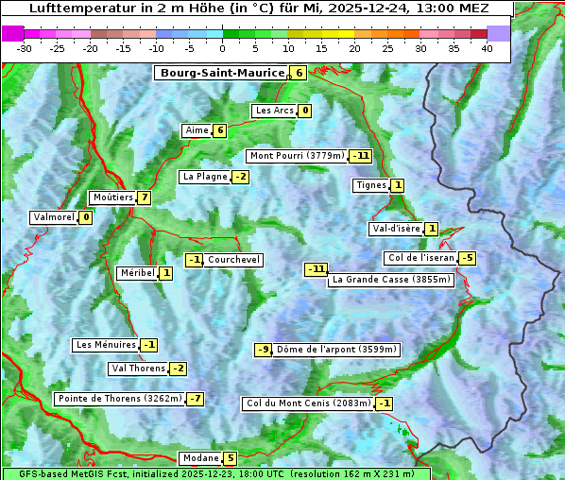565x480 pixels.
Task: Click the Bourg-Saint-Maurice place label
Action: point(222,73)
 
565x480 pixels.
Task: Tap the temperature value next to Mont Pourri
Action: point(360,156)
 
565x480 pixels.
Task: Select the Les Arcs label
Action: point(275,111)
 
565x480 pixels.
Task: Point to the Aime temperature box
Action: point(219,130)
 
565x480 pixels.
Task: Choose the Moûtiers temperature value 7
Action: point(144,197)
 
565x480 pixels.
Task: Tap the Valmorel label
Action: point(53,217)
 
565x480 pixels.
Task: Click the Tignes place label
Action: point(370,185)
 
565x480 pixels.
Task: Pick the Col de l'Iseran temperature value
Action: point(467,258)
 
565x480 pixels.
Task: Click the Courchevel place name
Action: point(233,260)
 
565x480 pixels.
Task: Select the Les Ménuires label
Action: point(105,345)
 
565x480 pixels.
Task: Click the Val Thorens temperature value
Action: point(178,369)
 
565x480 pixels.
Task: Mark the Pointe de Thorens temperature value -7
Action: point(195,399)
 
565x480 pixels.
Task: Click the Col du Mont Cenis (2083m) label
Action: point(307,403)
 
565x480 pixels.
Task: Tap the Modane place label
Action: point(200,458)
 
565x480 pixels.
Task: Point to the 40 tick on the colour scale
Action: point(487,48)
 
